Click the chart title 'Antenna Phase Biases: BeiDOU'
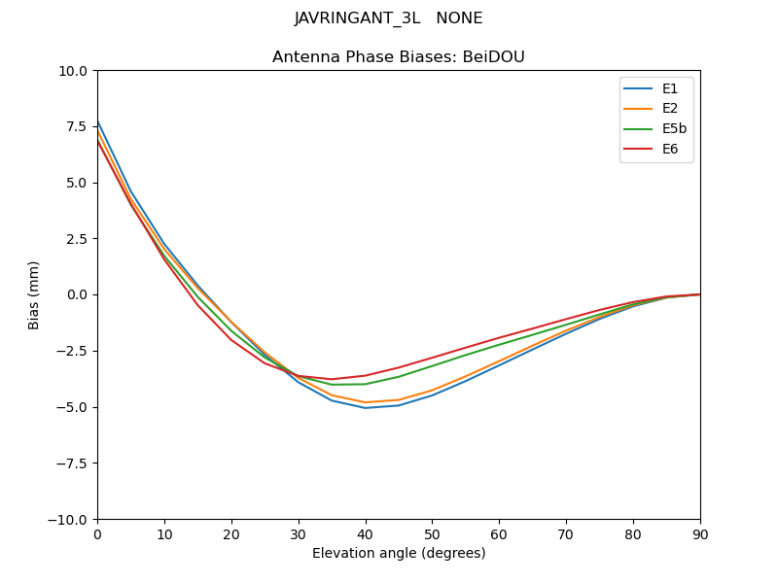click(x=398, y=57)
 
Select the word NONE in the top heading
click(x=459, y=18)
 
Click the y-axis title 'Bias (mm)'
click(x=34, y=294)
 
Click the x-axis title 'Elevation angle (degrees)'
click(x=398, y=554)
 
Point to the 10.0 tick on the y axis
click(x=74, y=71)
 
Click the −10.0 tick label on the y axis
click(x=68, y=520)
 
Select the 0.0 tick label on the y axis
click(x=77, y=295)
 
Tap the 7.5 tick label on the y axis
click(x=77, y=126)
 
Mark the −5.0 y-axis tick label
click(x=72, y=407)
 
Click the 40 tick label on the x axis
click(x=366, y=534)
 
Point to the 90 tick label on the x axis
click(x=700, y=534)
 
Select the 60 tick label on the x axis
click(x=499, y=534)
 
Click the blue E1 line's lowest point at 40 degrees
click(x=366, y=408)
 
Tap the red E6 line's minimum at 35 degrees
click(x=332, y=379)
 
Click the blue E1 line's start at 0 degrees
click(x=98, y=122)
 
